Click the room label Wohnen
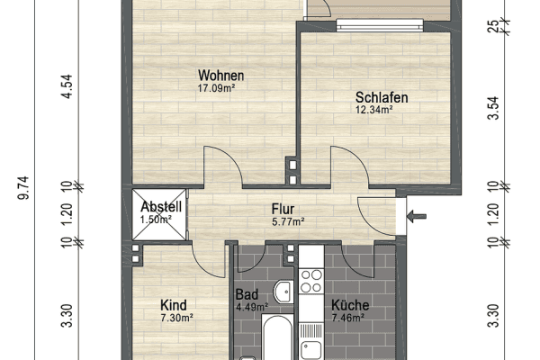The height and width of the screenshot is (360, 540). tap(221, 76)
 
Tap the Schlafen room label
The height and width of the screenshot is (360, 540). tap(382, 97)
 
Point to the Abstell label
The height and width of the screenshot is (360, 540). tap(162, 206)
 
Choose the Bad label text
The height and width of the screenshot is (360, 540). tap(247, 294)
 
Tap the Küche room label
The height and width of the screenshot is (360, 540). tap(350, 304)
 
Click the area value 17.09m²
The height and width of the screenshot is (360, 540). tap(221, 89)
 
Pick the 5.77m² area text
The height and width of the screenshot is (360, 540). tap(288, 220)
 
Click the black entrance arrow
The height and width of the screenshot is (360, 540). tap(414, 216)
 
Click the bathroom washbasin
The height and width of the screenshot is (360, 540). tap(283, 291)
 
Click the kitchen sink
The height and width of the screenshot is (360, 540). tap(313, 349)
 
